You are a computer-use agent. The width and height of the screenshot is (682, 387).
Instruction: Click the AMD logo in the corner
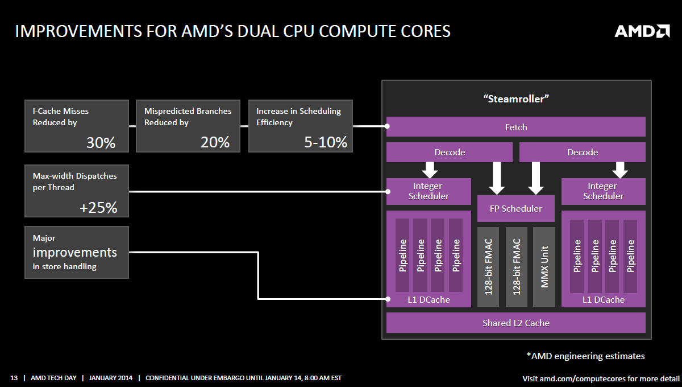642,31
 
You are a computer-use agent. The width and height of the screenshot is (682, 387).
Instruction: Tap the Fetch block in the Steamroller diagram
516,126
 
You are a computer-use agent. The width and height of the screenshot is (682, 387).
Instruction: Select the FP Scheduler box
516,209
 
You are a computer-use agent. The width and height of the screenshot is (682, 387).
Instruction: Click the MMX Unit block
544,267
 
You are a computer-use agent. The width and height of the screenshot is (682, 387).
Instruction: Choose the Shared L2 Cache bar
516,323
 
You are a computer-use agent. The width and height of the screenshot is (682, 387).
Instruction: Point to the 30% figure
101,142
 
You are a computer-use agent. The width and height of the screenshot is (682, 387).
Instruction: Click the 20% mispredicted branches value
215,142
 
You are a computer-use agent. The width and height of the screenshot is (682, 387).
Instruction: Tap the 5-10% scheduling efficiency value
326,142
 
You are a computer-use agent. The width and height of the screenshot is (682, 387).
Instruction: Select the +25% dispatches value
98,208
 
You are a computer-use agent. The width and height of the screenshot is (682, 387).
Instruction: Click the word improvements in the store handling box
75,253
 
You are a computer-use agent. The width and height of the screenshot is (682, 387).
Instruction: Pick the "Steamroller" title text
516,99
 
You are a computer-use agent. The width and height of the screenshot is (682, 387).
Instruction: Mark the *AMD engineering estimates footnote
585,356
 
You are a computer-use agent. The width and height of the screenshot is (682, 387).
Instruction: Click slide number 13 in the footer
14,378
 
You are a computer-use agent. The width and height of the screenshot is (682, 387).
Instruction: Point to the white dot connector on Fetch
387,126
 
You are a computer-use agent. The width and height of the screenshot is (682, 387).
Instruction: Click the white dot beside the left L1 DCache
388,299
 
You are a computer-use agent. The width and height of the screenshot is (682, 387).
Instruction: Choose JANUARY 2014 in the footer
110,378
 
